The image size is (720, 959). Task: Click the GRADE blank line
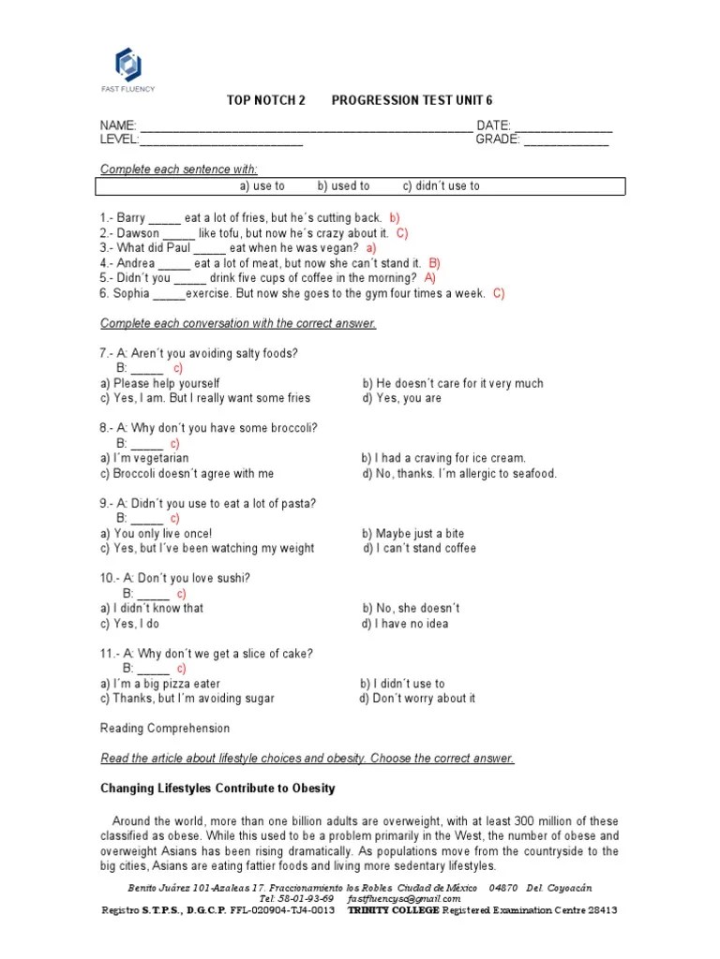tap(565, 142)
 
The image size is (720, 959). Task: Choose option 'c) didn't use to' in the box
tap(441, 186)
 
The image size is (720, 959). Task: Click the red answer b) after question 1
tap(395, 218)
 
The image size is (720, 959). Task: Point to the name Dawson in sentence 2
tap(139, 233)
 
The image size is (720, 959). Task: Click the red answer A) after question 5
tap(429, 278)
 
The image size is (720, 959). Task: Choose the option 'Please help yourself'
tap(166, 383)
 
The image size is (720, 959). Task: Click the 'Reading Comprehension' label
tap(164, 729)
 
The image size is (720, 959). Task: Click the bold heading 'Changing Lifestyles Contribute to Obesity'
tap(217, 789)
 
